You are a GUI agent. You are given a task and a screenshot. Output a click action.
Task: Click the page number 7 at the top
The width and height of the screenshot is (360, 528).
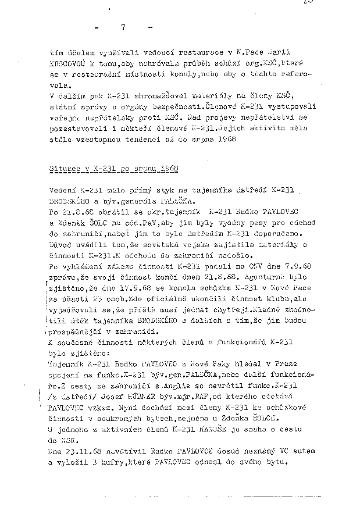tap(123, 27)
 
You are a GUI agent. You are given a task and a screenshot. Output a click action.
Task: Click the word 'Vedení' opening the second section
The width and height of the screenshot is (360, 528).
tap(62, 191)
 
